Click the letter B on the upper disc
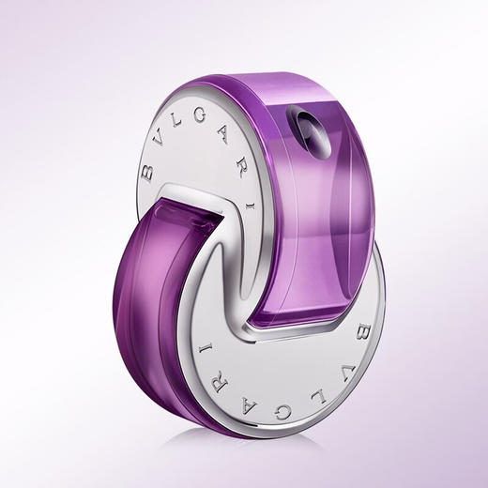click(146, 173)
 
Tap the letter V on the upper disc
click(158, 141)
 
